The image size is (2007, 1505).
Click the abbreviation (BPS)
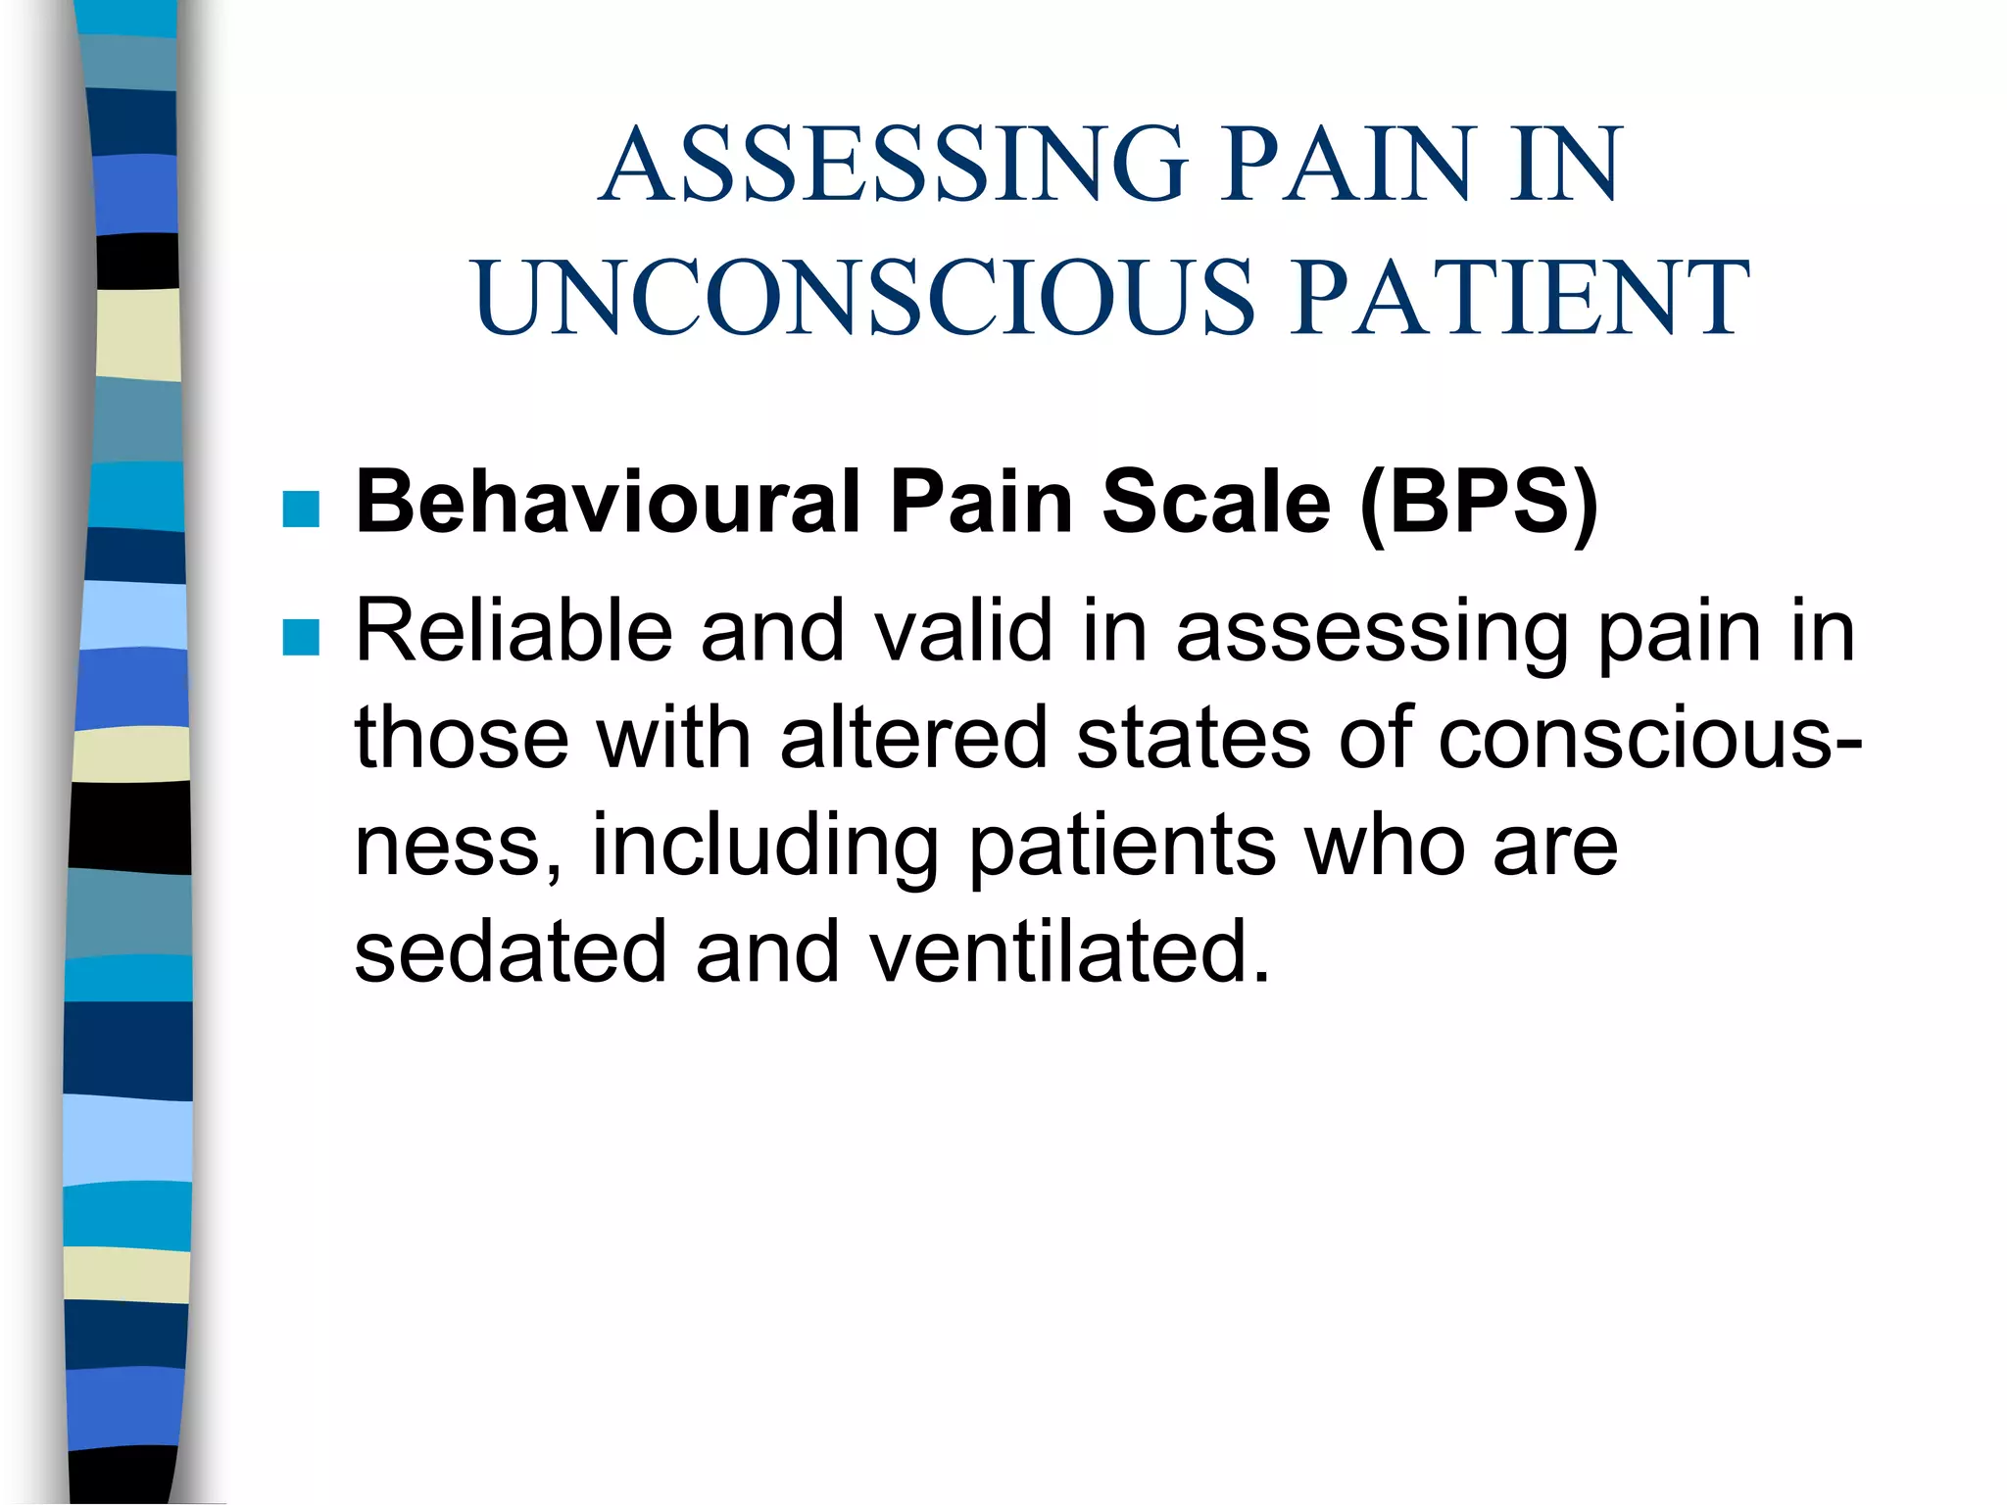1479,504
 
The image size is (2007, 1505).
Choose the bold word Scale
1216,502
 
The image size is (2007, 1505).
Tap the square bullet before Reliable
301,637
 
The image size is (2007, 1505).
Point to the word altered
914,738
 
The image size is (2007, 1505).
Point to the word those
462,738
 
